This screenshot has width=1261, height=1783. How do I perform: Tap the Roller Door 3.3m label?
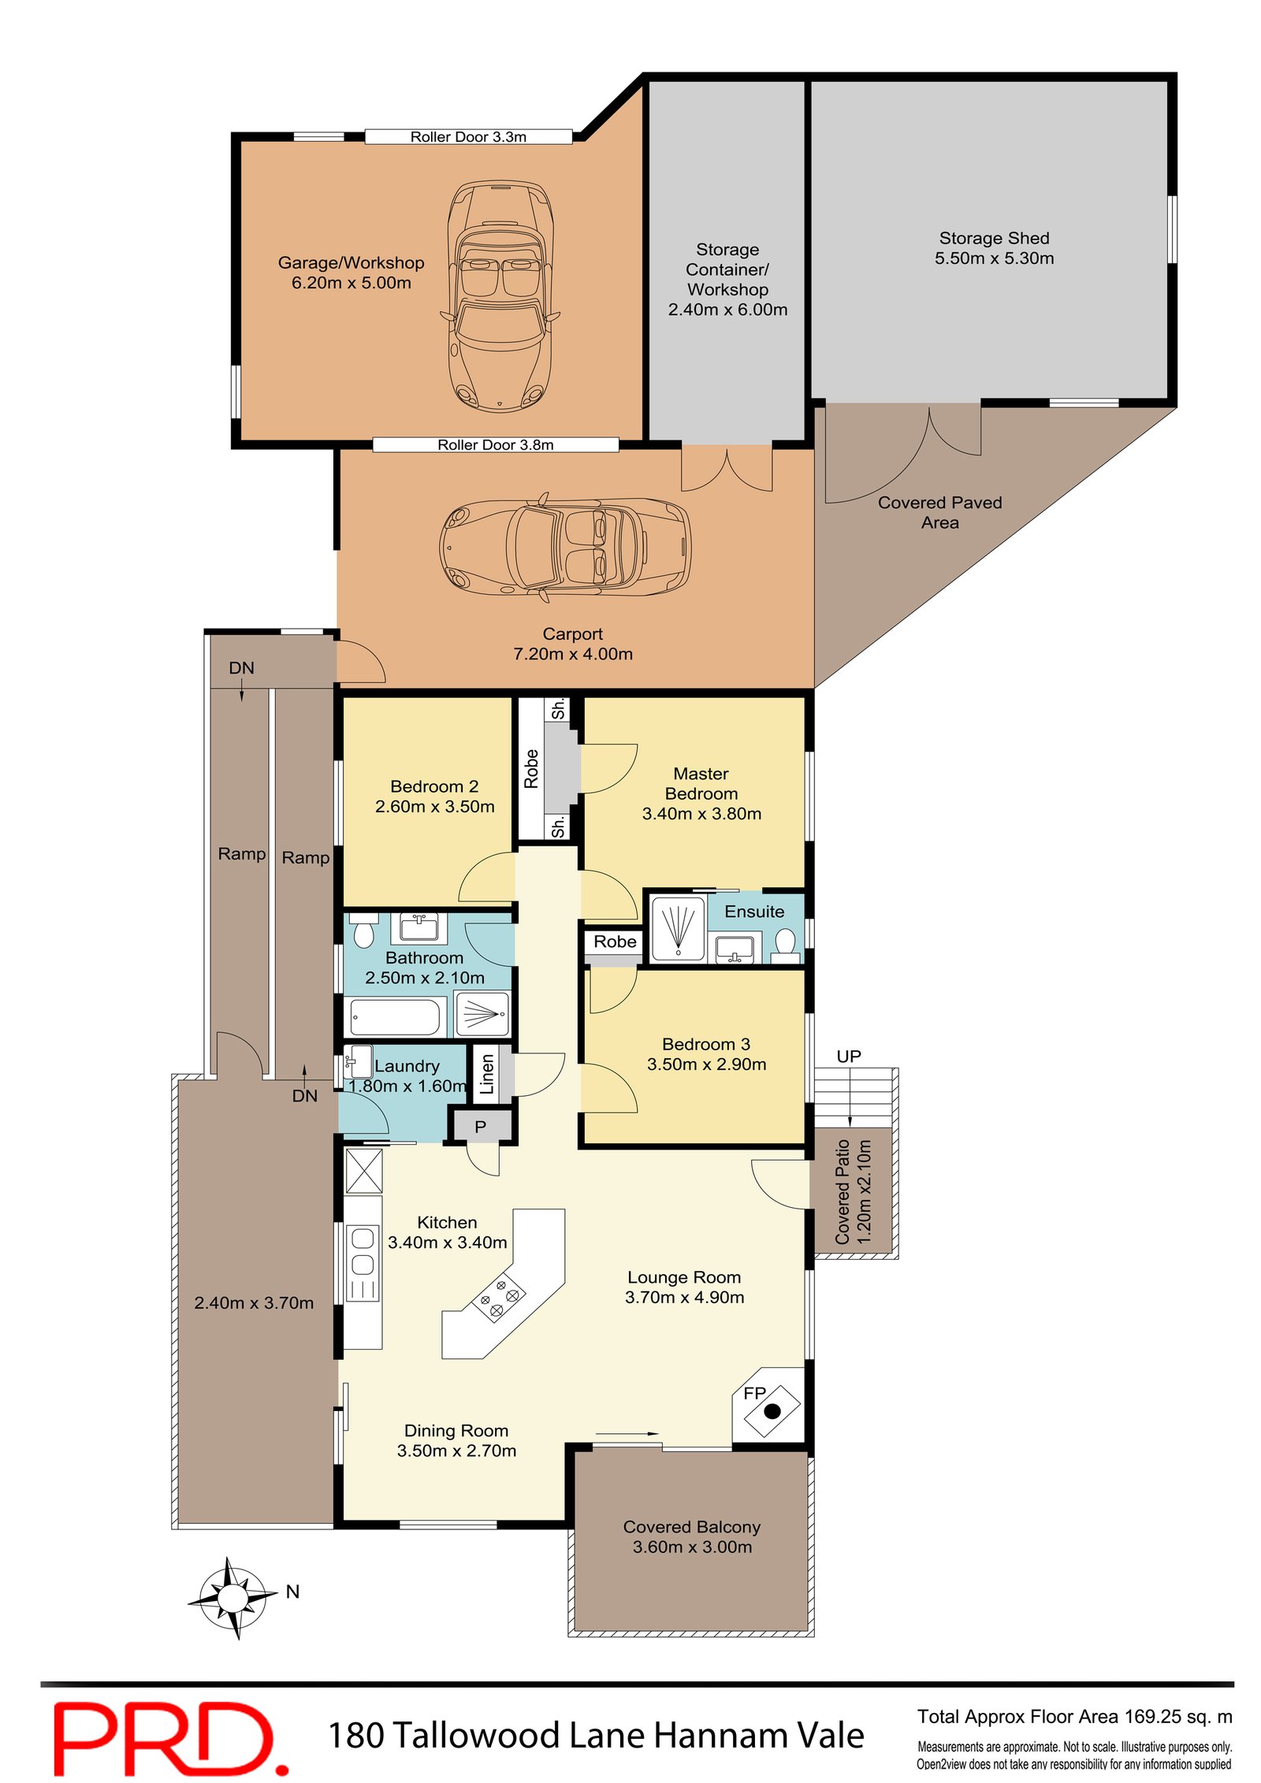coord(467,136)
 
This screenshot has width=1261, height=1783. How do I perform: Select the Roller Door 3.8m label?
coord(495,444)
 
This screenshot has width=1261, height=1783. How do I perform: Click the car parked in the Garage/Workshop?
coord(500,295)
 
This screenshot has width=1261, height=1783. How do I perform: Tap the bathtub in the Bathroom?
coord(394,1017)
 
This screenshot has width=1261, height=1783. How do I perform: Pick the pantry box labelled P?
coord(480,1127)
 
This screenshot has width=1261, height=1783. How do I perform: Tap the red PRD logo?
coord(169,1737)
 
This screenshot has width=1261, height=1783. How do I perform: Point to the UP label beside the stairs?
coord(848,1056)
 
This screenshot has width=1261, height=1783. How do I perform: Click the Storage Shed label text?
coord(993,238)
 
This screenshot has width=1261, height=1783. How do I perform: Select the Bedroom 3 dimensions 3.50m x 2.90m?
coord(705,1064)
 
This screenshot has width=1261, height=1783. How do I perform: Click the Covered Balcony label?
coord(691,1526)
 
